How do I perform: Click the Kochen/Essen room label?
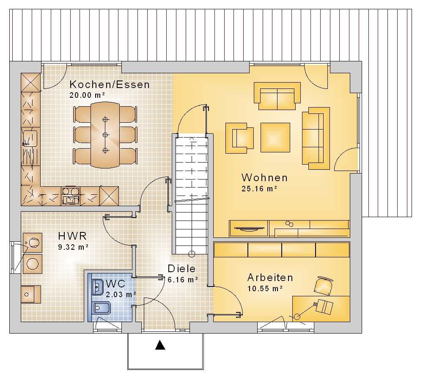click(110, 85)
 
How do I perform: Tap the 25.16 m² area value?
click(259, 189)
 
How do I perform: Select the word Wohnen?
click(265, 178)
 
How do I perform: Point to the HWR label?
click(72, 236)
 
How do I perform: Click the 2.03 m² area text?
click(121, 294)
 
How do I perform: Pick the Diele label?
click(181, 269)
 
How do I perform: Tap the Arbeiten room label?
click(270, 278)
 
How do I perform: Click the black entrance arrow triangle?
click(160, 345)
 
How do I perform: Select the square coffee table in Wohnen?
click(275, 138)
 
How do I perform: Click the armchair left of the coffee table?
click(239, 138)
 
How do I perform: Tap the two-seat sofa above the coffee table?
click(277, 96)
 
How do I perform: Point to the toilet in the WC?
click(102, 308)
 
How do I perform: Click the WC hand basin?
click(97, 287)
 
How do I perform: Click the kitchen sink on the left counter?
click(30, 138)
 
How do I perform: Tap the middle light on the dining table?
click(105, 135)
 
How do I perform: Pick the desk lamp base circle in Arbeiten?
click(297, 317)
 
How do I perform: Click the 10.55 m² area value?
click(265, 289)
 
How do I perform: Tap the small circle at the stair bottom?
click(192, 254)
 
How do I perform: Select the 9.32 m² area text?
click(73, 247)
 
